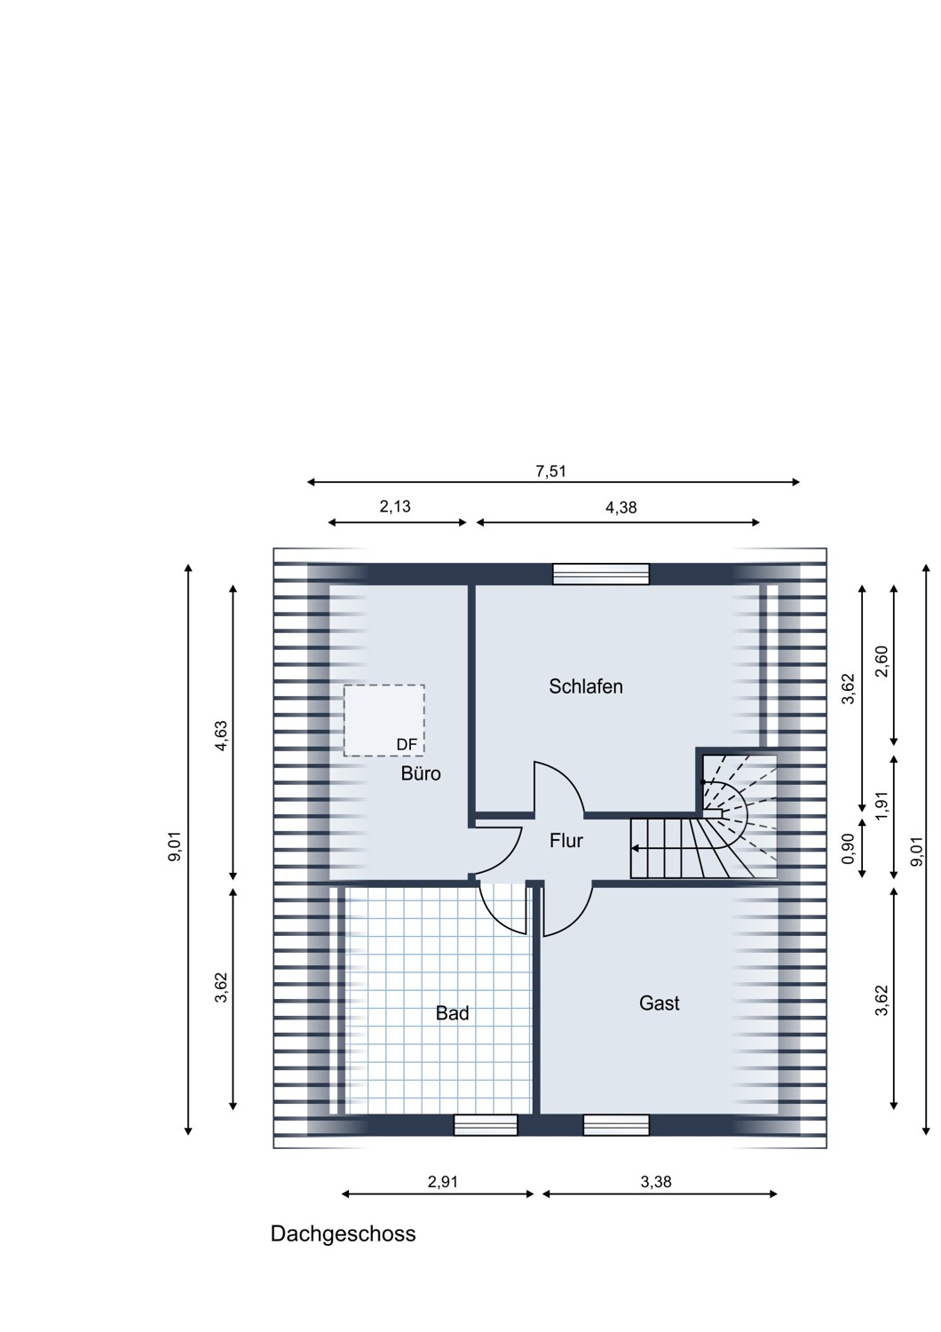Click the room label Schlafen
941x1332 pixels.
point(585,686)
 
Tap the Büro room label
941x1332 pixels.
point(420,773)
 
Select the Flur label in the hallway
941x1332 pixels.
point(565,840)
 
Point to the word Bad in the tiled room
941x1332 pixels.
point(452,1013)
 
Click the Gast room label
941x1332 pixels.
point(659,1003)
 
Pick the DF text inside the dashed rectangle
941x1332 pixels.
point(407,744)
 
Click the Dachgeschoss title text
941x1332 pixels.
point(343,1233)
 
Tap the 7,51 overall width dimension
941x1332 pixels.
point(550,472)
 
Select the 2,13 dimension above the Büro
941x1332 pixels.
point(395,507)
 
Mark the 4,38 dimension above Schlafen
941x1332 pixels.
point(621,508)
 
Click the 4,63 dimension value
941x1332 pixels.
point(222,735)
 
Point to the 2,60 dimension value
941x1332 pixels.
point(882,662)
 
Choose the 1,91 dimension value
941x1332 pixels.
point(882,805)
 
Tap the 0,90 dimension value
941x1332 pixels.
point(848,848)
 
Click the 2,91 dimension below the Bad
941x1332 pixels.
point(443,1182)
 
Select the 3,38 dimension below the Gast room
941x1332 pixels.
point(656,1182)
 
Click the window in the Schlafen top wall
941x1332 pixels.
point(601,575)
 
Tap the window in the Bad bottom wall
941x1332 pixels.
point(485,1125)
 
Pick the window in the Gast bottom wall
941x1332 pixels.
point(616,1125)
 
